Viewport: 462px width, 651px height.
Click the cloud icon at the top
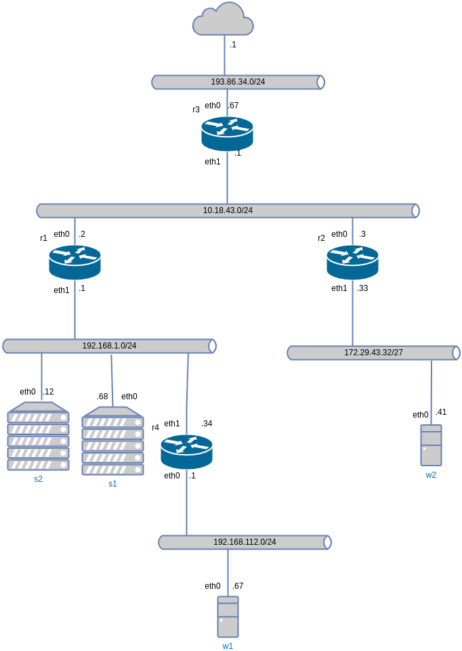click(223, 20)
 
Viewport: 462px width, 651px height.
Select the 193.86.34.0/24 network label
click(238, 82)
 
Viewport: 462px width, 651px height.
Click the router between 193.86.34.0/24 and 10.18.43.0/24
click(227, 133)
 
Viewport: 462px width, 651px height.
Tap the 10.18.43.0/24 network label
click(228, 210)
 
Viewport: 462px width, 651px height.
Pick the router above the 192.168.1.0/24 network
click(75, 262)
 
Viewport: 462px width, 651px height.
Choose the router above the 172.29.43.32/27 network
click(352, 262)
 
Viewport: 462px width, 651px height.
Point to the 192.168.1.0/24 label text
click(109, 346)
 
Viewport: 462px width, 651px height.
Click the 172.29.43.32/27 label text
click(373, 353)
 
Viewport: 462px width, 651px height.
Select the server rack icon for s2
click(38, 436)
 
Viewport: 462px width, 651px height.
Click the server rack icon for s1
click(112, 441)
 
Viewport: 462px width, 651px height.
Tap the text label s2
click(38, 479)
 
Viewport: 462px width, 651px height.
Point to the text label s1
click(112, 484)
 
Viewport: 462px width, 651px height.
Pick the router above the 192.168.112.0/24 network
click(186, 451)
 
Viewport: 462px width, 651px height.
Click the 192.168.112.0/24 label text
click(245, 542)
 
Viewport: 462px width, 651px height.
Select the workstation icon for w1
click(228, 616)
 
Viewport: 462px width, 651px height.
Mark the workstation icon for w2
click(431, 445)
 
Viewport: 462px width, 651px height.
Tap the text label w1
click(228, 646)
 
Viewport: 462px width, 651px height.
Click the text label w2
click(431, 475)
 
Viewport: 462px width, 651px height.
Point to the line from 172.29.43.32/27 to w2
click(431, 392)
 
